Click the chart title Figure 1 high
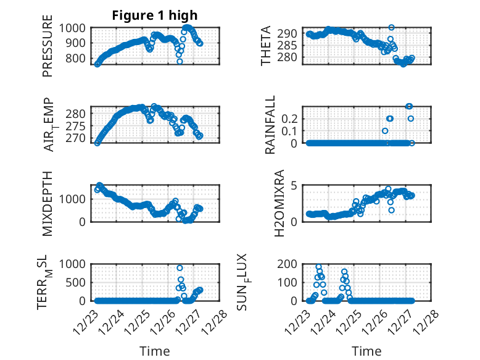[x=155, y=15]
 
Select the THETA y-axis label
[x=266, y=45]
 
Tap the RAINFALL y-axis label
[x=270, y=125]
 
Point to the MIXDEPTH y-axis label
[x=48, y=203]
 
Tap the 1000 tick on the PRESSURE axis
[x=76, y=28]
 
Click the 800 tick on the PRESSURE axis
[x=79, y=59]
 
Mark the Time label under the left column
[x=155, y=351]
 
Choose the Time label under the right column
[x=366, y=351]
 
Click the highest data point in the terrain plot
[x=180, y=268]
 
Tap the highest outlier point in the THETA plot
[x=391, y=28]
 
